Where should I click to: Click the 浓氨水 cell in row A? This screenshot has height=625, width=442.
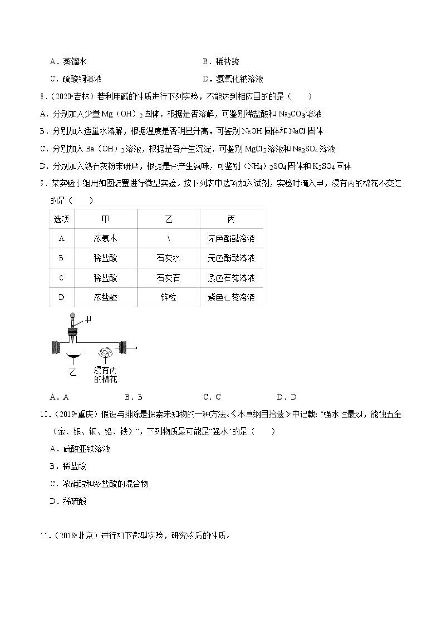[105, 239]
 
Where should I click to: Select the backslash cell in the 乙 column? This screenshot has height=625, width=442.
[169, 239]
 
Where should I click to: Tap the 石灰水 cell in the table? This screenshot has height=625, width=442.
[168, 258]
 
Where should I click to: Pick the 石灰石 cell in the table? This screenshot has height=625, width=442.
[168, 278]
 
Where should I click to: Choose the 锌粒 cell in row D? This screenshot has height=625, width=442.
[168, 297]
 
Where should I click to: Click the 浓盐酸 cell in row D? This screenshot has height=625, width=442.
[105, 297]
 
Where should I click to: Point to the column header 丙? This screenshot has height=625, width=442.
[231, 219]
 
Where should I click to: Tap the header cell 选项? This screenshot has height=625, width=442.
[61, 219]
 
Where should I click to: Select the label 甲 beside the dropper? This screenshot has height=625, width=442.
[88, 319]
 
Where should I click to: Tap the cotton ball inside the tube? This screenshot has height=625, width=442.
[105, 353]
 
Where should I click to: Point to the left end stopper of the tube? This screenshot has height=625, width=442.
[56, 347]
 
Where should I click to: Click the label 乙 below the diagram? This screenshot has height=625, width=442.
[73, 372]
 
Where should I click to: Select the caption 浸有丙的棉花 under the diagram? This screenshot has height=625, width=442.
[105, 375]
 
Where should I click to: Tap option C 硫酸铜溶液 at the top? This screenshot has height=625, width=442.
[76, 79]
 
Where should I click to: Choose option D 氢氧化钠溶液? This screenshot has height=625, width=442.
[233, 79]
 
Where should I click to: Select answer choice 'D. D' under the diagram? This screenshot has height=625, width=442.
[286, 397]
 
